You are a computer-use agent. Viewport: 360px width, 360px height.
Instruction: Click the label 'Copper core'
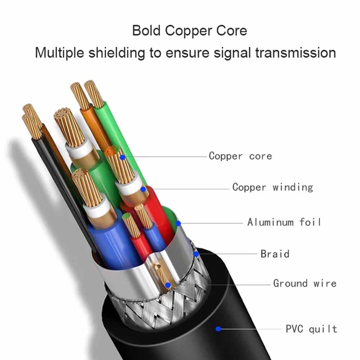click(240, 156)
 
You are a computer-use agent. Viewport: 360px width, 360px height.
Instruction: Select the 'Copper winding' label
click(273, 187)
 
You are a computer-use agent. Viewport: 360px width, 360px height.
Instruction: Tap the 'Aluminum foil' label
click(284, 222)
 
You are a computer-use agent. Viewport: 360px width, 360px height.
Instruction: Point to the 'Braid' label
click(275, 254)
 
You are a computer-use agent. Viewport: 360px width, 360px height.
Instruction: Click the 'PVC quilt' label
click(311, 329)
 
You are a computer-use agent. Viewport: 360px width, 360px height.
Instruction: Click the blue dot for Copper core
click(122, 157)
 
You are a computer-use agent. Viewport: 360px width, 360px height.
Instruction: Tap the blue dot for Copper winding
click(143, 189)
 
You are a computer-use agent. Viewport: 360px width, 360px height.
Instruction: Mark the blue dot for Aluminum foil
click(178, 223)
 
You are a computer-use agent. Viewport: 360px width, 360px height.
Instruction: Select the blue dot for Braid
click(196, 254)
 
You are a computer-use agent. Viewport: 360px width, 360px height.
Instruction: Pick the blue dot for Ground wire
click(168, 285)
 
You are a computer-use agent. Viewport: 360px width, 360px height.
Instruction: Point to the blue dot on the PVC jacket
click(218, 329)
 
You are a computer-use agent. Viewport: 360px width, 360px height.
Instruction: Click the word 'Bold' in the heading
click(147, 31)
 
